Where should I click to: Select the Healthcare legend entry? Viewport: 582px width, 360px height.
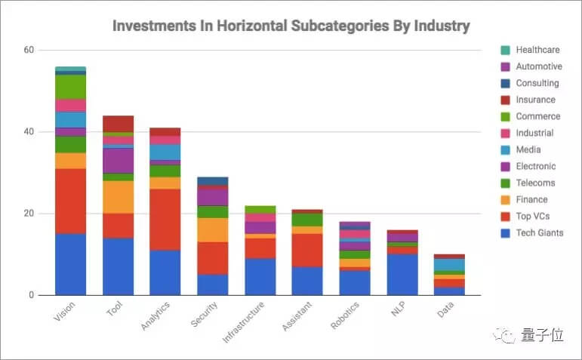[537, 50]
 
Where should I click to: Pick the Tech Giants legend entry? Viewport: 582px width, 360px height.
[539, 232]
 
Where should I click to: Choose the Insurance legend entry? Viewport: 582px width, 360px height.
[535, 100]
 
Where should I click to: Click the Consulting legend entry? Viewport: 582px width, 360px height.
[537, 83]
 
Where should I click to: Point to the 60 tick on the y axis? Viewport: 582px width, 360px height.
[29, 51]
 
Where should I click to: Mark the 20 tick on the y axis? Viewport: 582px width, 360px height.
[29, 214]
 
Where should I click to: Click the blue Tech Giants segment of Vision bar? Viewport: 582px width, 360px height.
[70, 264]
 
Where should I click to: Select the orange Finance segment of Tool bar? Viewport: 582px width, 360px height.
[118, 197]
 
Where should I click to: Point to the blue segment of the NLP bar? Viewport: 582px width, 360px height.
[402, 274]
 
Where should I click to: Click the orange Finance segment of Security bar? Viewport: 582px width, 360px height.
[212, 229]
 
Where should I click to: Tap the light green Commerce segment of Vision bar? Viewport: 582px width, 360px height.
[70, 87]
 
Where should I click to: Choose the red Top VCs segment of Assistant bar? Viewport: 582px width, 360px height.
[307, 250]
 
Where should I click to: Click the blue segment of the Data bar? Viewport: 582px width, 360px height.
[449, 291]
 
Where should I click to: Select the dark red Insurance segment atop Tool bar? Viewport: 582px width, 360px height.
[118, 124]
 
